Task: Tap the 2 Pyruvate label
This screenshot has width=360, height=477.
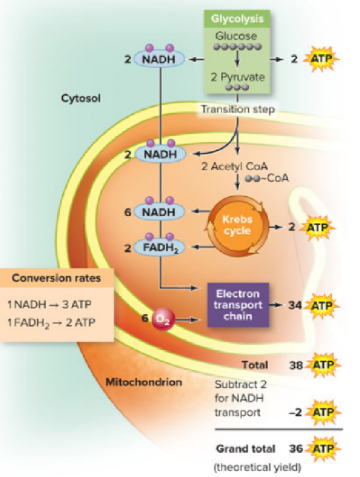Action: (x=237, y=77)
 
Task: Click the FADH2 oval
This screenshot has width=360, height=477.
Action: (x=161, y=247)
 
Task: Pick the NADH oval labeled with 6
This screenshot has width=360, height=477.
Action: (x=161, y=212)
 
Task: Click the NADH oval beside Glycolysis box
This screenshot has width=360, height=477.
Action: (x=161, y=59)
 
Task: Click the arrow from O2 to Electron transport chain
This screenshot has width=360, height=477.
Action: (x=189, y=319)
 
